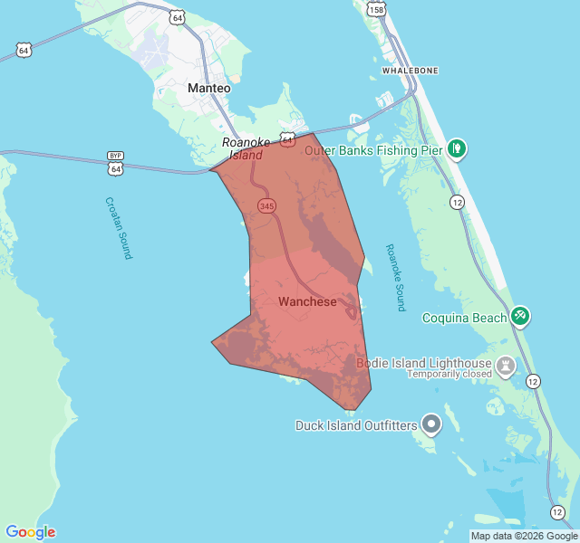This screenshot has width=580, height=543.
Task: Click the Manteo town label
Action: coord(208,89)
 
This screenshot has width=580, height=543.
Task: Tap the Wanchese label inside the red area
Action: coord(307,301)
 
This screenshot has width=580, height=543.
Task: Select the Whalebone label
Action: coord(411,70)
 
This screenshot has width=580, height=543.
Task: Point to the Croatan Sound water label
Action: coord(118,228)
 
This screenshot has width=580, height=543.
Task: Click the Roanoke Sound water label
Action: coord(394,277)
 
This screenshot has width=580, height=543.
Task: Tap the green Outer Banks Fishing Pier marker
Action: coord(458,146)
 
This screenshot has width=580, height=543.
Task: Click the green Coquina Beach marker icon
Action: coord(520,316)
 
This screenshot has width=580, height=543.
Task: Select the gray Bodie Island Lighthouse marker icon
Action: coord(505,365)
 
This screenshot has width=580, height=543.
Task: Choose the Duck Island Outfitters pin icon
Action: coord(431,423)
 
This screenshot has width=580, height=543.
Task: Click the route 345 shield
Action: coord(266,206)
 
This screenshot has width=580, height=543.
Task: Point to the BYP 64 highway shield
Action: coord(115,164)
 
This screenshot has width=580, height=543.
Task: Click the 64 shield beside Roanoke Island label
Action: coord(286,140)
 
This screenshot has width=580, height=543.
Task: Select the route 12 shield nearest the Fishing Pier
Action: coord(457,201)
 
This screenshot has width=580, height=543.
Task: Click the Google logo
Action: coord(31,532)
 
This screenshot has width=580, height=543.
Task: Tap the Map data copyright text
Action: coord(523,536)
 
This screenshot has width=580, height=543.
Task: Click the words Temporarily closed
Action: coord(448,374)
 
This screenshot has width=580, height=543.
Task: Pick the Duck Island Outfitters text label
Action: coord(356,424)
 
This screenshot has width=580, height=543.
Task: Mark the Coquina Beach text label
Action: coord(465,318)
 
